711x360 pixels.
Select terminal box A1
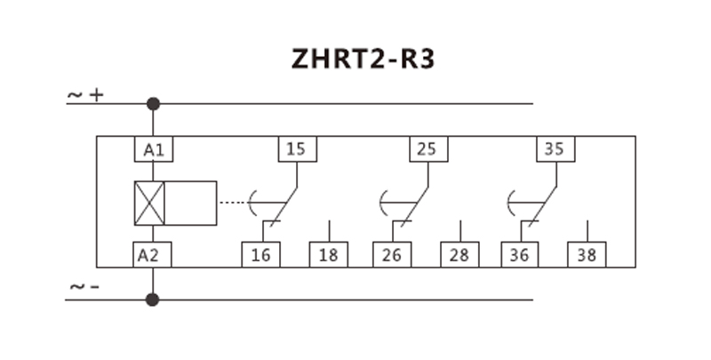tap(153, 148)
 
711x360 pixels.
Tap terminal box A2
tap(153, 255)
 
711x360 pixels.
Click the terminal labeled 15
tap(296, 148)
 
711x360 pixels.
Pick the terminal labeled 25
tap(427, 148)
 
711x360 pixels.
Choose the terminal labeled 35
tap(554, 148)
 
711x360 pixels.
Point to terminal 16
tap(260, 255)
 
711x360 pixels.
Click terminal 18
tap(328, 255)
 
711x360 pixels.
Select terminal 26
tap(391, 255)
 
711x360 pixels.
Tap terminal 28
tap(459, 255)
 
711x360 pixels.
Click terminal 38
tap(587, 255)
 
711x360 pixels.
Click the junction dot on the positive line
tap(153, 104)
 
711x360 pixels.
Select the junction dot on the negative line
tap(153, 300)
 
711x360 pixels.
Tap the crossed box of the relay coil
tap(150, 203)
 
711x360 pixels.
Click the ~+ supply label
tap(86, 93)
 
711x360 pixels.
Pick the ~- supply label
tap(84, 287)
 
